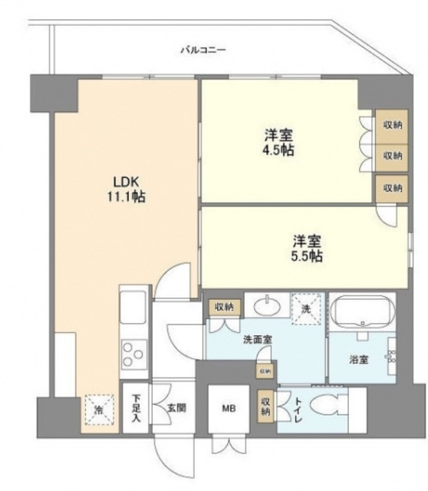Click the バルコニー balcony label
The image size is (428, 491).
pos(203,50)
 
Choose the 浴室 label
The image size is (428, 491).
pos(360,358)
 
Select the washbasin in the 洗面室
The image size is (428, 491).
pos(268,307)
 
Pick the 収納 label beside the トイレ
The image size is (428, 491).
pos(265,405)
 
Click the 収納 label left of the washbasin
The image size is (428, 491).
pos(223,307)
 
